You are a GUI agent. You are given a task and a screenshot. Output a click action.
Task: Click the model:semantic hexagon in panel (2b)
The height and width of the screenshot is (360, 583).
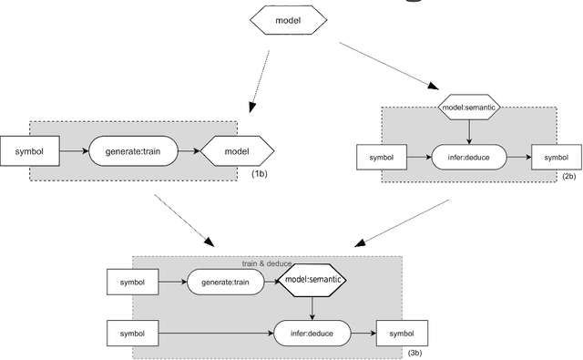468,108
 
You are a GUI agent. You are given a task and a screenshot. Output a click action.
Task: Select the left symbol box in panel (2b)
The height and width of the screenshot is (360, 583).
381,157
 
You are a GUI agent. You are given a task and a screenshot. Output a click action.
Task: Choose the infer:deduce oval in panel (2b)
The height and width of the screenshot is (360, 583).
468,157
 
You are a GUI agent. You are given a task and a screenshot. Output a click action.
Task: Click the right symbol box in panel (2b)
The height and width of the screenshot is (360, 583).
554,157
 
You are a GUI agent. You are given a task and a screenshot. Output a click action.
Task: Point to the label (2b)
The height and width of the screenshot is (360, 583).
569,176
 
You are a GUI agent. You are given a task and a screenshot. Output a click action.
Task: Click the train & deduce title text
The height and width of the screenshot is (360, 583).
266,263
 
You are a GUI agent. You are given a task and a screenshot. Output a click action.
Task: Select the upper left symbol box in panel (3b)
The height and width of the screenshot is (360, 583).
132,283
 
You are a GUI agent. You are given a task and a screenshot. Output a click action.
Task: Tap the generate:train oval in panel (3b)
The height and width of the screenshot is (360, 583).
224,283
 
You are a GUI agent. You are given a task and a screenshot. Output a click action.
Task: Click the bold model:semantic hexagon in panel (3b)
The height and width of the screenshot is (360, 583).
312,283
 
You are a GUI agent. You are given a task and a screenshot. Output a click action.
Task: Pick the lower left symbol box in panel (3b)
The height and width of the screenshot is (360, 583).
132,334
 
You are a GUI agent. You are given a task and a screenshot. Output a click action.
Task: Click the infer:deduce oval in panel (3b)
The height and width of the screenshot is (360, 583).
312,334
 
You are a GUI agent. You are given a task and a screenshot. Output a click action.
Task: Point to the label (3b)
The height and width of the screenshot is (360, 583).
414,352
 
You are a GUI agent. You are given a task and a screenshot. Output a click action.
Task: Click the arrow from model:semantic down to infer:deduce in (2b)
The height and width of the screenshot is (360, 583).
468,131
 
